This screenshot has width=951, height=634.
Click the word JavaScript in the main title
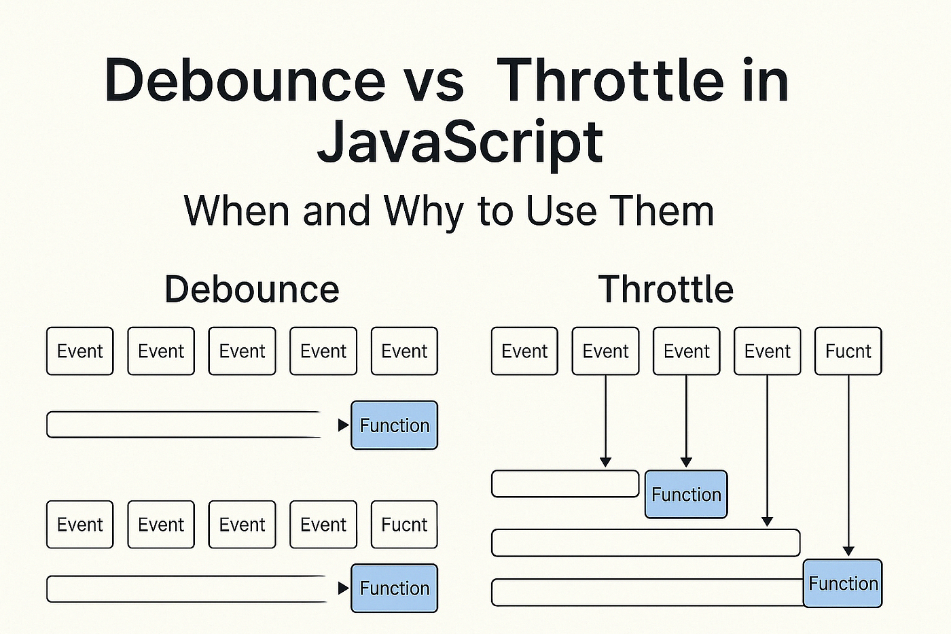(x=460, y=143)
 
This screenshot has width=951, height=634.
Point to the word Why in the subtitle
(x=424, y=211)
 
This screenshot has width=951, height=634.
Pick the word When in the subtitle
(x=238, y=211)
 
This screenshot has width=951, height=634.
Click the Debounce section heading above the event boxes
(x=251, y=289)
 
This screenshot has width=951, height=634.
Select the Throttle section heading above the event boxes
(x=666, y=289)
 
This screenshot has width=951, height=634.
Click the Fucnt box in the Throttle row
(x=848, y=351)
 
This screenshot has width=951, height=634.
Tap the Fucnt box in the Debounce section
(x=404, y=525)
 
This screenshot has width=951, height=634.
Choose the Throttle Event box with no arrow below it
(x=524, y=351)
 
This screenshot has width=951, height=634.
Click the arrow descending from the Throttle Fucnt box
(x=848, y=462)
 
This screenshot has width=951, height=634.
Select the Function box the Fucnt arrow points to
(x=842, y=583)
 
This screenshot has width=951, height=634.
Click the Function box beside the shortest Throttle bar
(x=685, y=494)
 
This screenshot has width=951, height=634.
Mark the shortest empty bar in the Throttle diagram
(x=564, y=484)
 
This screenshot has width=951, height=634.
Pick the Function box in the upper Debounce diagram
(x=394, y=425)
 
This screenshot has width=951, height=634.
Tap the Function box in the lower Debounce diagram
(x=394, y=588)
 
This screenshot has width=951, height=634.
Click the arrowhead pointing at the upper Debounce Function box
(x=343, y=425)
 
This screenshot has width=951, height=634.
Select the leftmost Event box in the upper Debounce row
(x=79, y=351)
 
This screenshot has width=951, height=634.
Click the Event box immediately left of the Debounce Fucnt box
(x=323, y=525)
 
